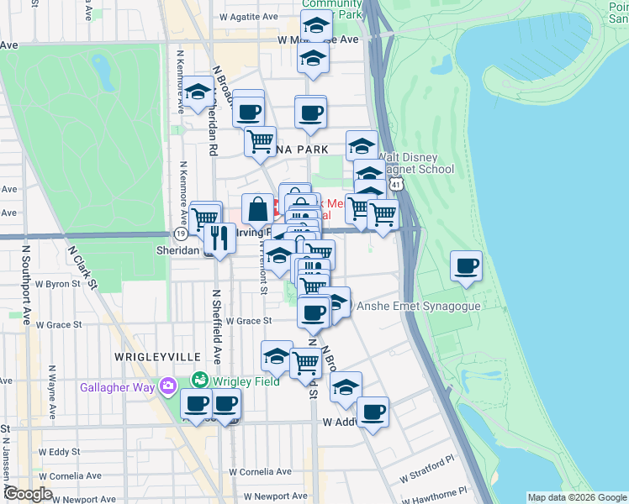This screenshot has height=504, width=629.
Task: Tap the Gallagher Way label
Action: (119, 387)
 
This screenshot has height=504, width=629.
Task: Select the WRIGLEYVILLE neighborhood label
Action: (149, 357)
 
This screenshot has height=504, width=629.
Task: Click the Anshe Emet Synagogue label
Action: (419, 306)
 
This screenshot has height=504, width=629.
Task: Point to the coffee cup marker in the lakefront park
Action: (466, 267)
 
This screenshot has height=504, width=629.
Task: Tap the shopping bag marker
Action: (258, 209)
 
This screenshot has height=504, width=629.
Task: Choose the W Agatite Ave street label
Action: (248, 16)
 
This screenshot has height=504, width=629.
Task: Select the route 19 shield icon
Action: (180, 234)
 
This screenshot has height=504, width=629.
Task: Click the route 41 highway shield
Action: (406, 181)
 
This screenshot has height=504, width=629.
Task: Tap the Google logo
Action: (28, 494)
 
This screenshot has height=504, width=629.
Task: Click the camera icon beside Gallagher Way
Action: (170, 385)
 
